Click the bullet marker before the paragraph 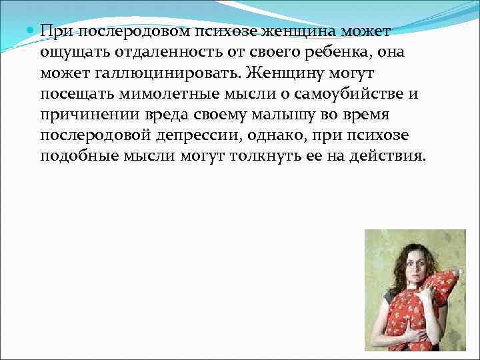click(32, 31)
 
